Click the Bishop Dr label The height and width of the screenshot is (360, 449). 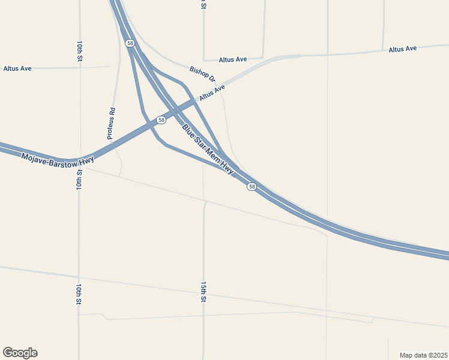tap(202, 75)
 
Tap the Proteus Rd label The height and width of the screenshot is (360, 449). tap(112, 124)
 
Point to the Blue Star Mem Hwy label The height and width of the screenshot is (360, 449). tap(208, 150)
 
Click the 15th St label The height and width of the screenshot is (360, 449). tap(203, 291)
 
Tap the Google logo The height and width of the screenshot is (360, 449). tap(20, 353)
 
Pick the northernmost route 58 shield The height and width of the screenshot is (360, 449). tap(130, 43)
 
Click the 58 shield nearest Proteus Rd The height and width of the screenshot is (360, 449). tap(161, 120)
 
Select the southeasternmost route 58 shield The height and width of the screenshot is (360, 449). tap(252, 187)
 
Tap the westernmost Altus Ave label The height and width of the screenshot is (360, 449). tap(17, 68)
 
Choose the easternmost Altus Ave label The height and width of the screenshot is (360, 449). tap(402, 49)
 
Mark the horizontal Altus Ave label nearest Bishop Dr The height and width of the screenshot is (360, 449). tap(233, 59)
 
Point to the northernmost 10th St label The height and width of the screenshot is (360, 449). tap(79, 52)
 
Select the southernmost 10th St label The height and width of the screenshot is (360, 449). tap(79, 294)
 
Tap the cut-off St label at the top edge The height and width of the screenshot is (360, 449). tap(203, 4)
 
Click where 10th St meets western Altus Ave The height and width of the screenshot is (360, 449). tap(79, 67)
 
